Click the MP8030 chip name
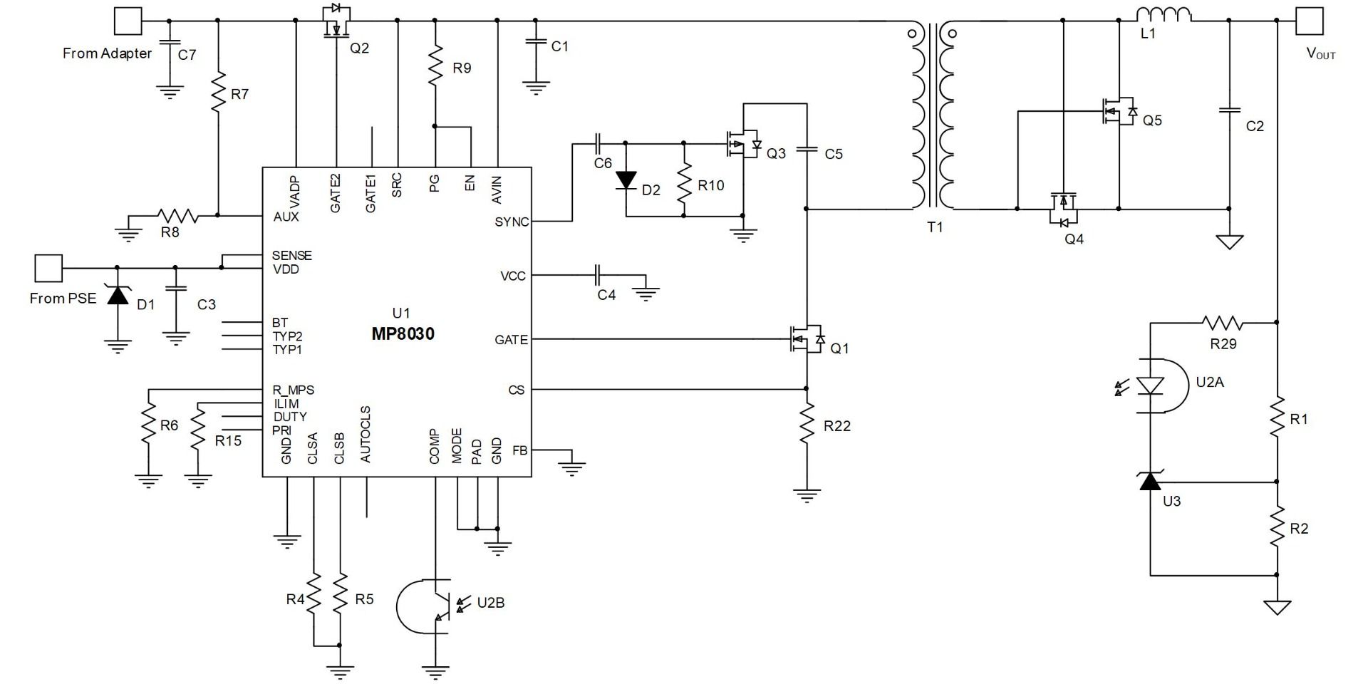[403, 334]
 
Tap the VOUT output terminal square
[1309, 21]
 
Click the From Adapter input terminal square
[128, 21]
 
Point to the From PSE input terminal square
[48, 268]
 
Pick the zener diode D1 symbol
[118, 294]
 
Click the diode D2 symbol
[626, 180]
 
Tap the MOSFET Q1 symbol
[807, 340]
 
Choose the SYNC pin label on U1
[512, 222]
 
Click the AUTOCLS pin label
[366, 435]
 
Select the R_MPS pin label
[293, 390]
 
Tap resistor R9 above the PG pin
[435, 66]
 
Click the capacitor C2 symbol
[1229, 110]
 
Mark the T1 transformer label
[935, 227]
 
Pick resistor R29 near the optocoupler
[1223, 323]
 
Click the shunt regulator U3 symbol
[1150, 482]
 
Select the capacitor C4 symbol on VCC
[598, 275]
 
